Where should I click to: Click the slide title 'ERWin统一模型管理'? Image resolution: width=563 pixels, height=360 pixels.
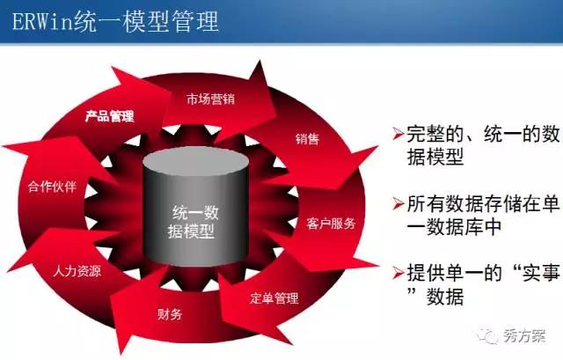(115, 21)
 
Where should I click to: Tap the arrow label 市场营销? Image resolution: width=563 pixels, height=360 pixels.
(211, 99)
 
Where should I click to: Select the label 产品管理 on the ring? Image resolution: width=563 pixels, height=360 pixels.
(109, 116)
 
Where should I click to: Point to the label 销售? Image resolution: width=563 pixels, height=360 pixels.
(307, 139)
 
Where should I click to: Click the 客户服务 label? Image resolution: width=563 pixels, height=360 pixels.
(331, 224)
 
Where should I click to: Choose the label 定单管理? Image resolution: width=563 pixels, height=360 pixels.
(274, 298)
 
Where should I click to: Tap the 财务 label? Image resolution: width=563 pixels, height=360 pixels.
(170, 314)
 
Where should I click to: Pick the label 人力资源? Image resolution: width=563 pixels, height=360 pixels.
(77, 270)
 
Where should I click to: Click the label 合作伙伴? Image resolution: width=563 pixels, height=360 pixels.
(53, 187)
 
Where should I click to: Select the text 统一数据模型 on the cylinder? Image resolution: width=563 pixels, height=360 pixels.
(193, 222)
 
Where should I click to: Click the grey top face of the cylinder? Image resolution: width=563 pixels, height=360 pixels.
(195, 161)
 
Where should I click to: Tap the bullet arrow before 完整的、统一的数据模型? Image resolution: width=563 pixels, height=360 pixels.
(398, 134)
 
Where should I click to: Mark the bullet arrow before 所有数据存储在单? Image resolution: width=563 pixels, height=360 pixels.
(398, 203)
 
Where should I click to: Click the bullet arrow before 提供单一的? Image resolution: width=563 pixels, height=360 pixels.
(398, 273)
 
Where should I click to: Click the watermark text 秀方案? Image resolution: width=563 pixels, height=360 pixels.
(524, 336)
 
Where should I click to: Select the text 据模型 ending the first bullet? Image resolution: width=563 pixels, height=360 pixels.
(435, 157)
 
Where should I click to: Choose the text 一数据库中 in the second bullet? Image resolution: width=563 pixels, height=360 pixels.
(454, 227)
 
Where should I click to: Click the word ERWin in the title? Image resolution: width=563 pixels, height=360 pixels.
(43, 22)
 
